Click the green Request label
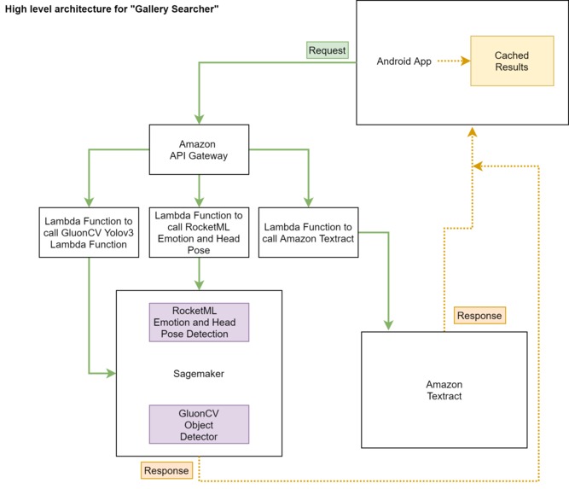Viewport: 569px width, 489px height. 328,50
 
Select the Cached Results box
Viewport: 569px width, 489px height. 511,61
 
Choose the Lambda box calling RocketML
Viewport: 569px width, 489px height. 199,232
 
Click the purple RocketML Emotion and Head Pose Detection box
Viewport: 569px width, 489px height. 199,322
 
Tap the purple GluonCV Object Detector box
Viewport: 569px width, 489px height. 199,423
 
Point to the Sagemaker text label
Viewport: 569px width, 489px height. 199,374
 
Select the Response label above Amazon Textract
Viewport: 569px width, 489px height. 479,315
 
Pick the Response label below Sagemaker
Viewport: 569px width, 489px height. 166,470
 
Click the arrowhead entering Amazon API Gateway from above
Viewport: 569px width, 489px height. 198,120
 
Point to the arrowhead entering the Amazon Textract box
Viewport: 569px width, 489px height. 389,325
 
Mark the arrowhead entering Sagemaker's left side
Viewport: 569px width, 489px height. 111,373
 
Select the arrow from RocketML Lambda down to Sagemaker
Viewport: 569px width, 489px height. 199,273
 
